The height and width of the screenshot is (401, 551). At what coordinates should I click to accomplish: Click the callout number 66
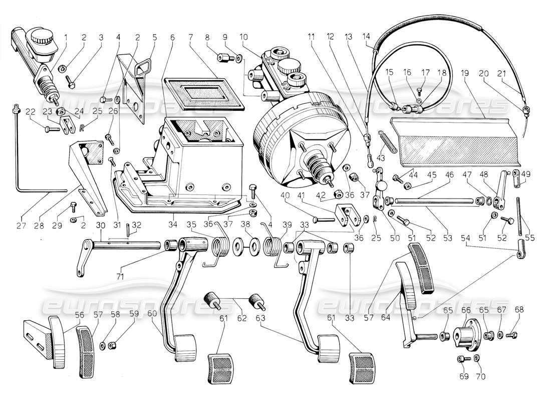pos(465,310)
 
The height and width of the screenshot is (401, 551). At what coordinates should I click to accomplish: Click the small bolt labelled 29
pos(73,206)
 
